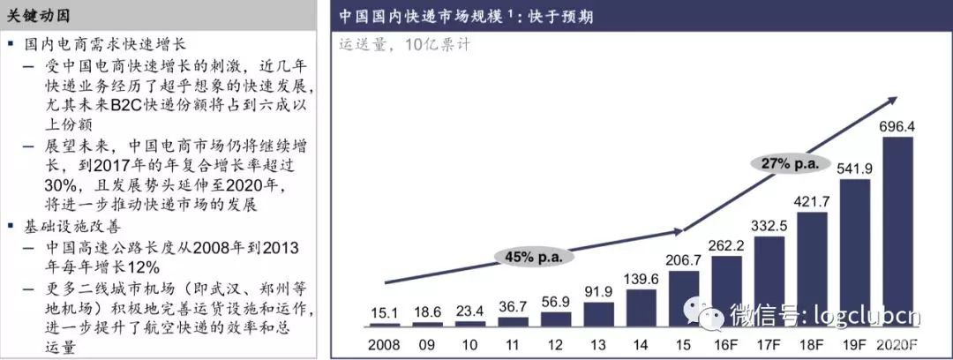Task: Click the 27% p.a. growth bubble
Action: click(x=785, y=162)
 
